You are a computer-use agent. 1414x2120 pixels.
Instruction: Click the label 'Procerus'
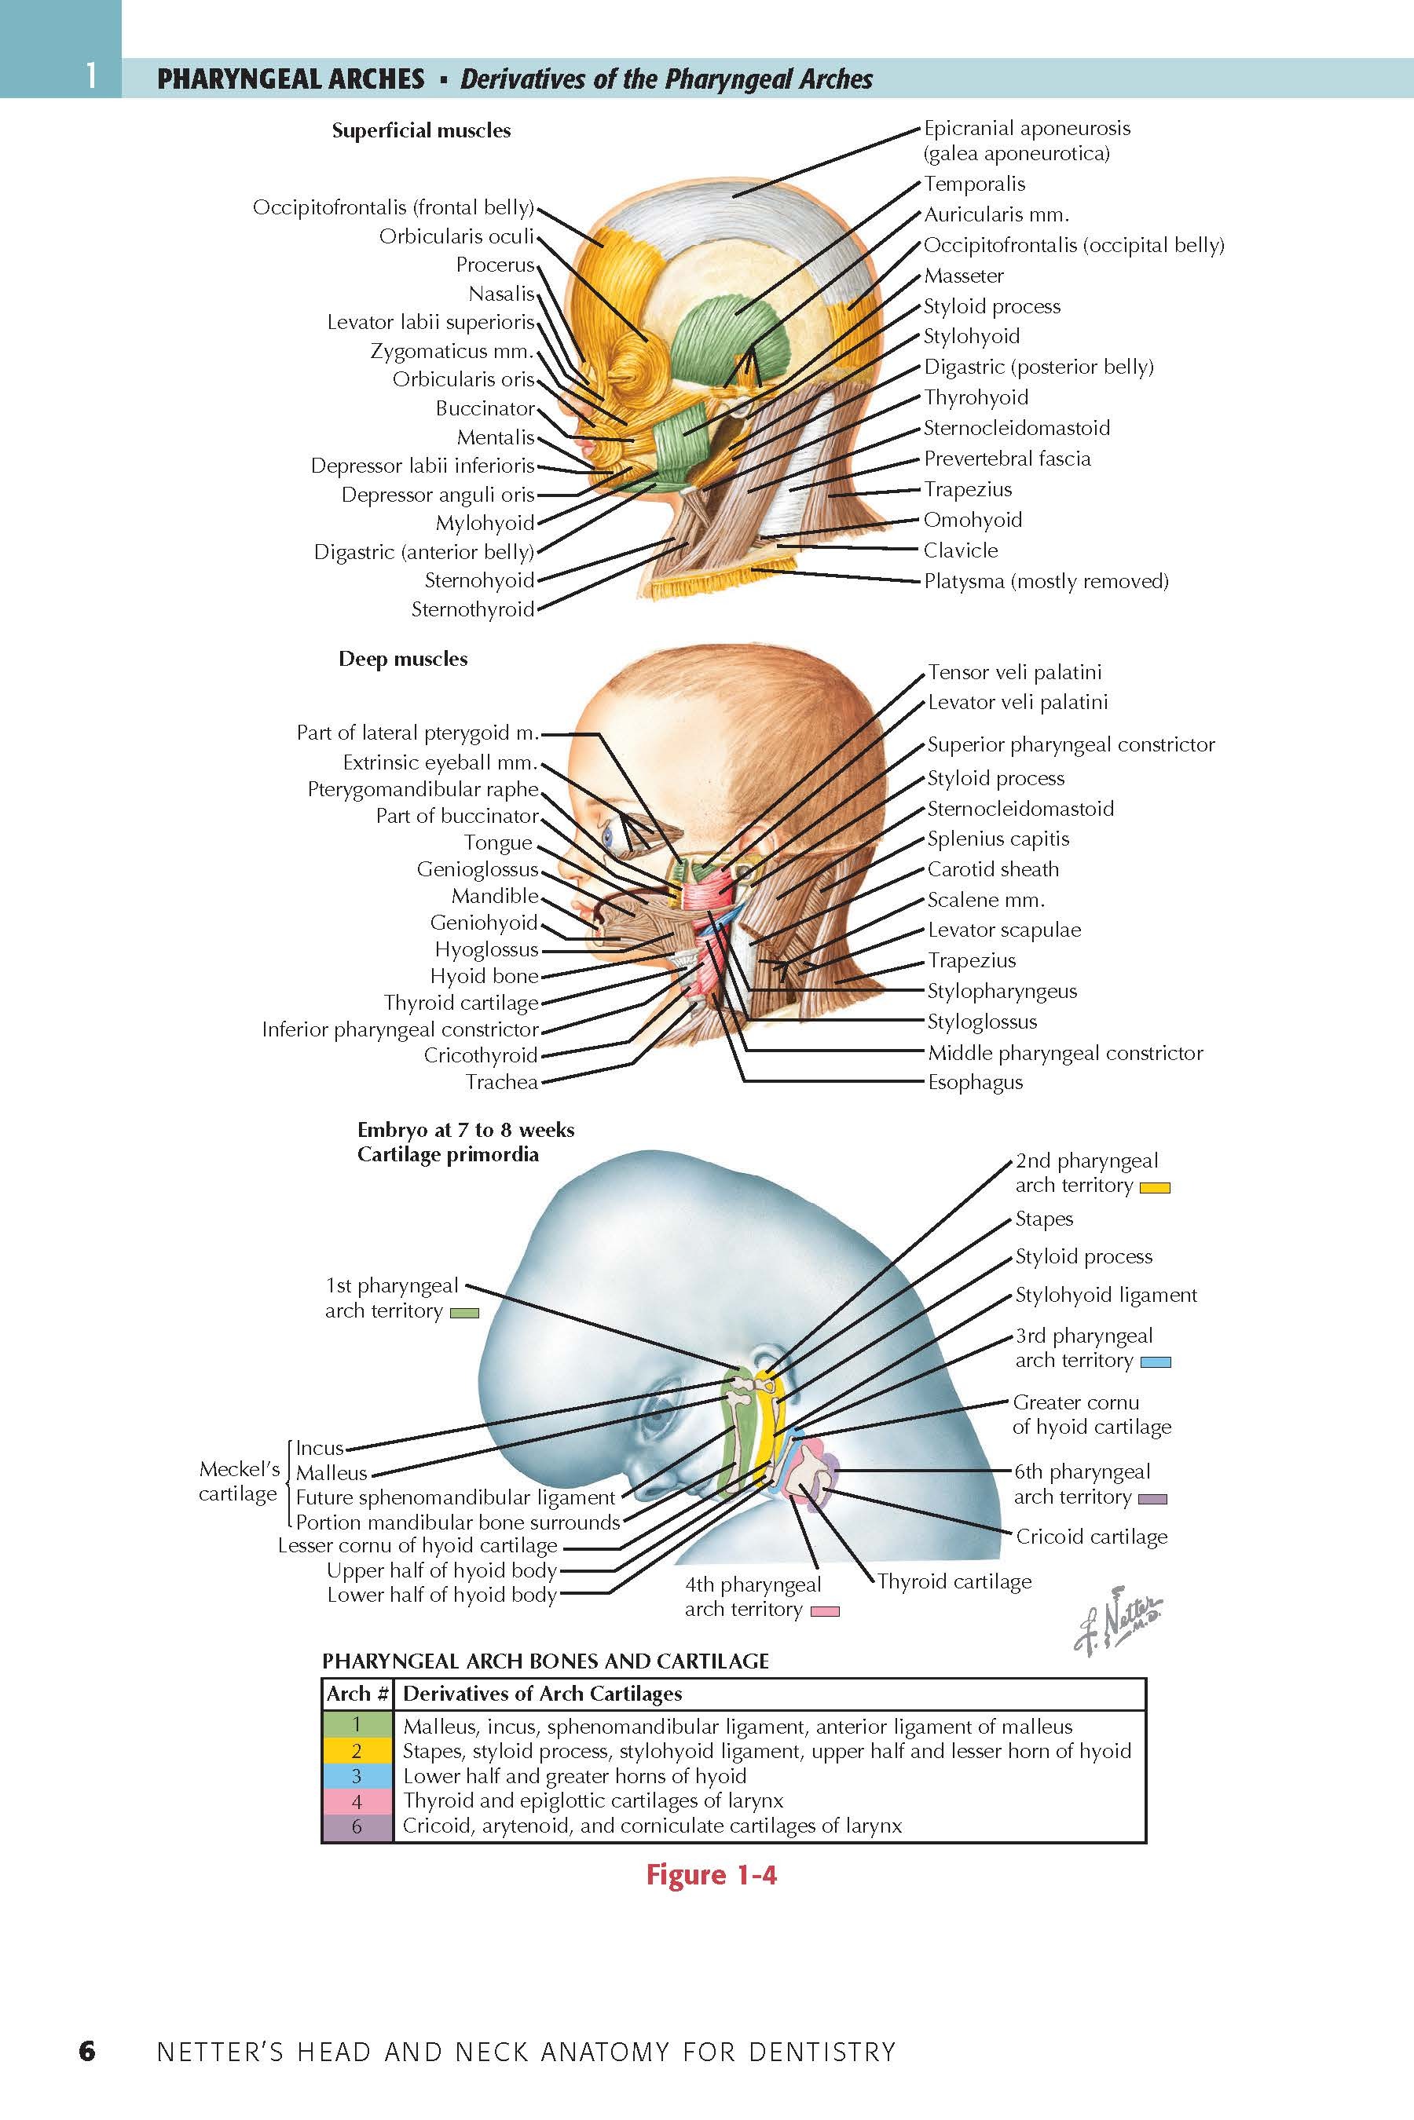coord(494,265)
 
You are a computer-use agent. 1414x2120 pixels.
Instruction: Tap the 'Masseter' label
coord(963,276)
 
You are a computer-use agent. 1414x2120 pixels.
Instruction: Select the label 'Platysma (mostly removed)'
coord(1046,581)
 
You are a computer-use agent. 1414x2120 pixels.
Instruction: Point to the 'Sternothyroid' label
coord(473,609)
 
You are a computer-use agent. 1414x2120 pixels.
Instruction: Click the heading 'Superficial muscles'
coord(421,130)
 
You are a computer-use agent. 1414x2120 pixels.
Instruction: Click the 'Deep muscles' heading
coord(403,659)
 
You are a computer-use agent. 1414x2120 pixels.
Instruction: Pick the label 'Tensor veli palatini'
coord(1014,672)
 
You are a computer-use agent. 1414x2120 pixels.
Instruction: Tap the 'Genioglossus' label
coord(477,870)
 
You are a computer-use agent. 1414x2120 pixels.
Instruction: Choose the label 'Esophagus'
coord(975,1083)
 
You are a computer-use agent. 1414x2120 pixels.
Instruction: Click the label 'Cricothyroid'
coord(481,1055)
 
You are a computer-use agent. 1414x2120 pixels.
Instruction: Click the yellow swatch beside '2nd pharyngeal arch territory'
coord(1154,1188)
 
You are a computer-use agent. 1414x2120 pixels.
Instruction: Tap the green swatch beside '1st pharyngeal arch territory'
coord(463,1314)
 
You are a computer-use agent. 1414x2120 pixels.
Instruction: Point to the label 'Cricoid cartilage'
coord(1091,1537)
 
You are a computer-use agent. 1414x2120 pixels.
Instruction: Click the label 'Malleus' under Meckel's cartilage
coord(332,1473)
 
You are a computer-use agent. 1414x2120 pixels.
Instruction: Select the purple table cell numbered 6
coord(358,1826)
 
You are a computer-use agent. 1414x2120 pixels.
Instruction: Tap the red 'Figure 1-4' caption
coord(711,1876)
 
